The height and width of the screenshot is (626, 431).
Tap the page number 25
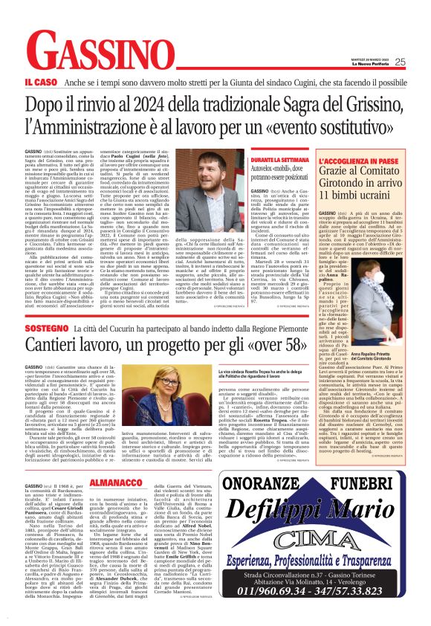[x=421, y=62]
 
